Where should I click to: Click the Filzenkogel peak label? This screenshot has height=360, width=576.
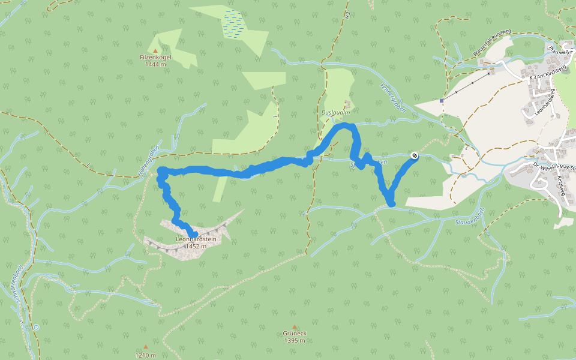pyautogui.click(x=156, y=57)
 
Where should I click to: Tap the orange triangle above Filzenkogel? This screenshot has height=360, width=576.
pyautogui.click(x=156, y=50)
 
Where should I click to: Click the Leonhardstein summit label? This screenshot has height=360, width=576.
pyautogui.click(x=196, y=239)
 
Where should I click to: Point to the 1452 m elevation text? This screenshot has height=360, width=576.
pyautogui.click(x=196, y=246)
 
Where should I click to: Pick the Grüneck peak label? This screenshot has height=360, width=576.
pyautogui.click(x=295, y=334)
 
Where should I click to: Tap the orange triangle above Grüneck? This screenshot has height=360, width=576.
pyautogui.click(x=295, y=327)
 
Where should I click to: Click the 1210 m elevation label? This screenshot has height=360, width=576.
pyautogui.click(x=145, y=355)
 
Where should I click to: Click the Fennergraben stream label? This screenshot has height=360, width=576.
pyautogui.click(x=393, y=98)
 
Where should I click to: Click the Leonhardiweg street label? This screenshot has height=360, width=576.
pyautogui.click(x=554, y=99)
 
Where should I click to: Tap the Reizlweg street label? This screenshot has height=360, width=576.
pyautogui.click(x=562, y=187)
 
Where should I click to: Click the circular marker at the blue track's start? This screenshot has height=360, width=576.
pyautogui.click(x=414, y=156)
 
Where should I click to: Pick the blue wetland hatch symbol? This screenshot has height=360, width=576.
pyautogui.click(x=233, y=23)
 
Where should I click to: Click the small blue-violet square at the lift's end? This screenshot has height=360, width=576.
pyautogui.click(x=442, y=100)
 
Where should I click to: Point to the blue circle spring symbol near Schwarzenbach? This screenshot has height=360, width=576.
pyautogui.click(x=37, y=327)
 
